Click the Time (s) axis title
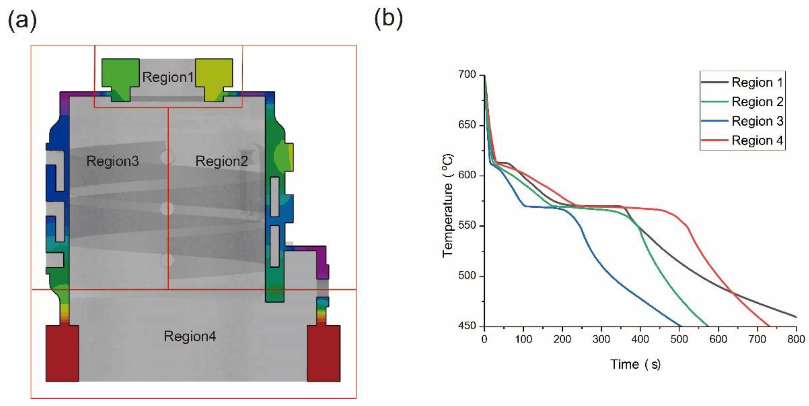coord(635,364)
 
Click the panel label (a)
coord(22,21)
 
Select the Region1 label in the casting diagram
coord(168,77)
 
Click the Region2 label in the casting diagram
coord(221,161)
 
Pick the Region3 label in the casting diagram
coord(113,161)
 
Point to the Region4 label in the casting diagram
coord(190,336)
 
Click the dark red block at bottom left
coord(62,353)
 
